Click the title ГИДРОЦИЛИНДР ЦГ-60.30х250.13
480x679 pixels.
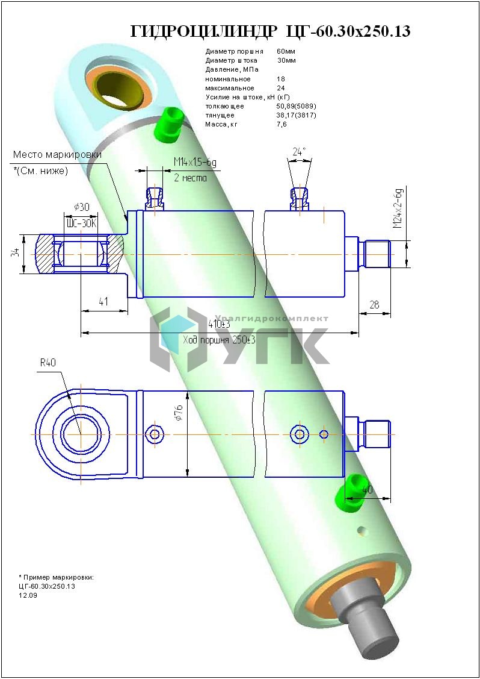click(270, 31)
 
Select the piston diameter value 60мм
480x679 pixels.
click(286, 52)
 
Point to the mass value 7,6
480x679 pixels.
click(282, 124)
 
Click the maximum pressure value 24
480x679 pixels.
click(281, 88)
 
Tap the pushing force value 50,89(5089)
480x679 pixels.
click(296, 106)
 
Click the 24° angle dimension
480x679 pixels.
click(299, 152)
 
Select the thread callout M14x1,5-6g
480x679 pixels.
click(195, 163)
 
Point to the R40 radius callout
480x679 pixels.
click(48, 363)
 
